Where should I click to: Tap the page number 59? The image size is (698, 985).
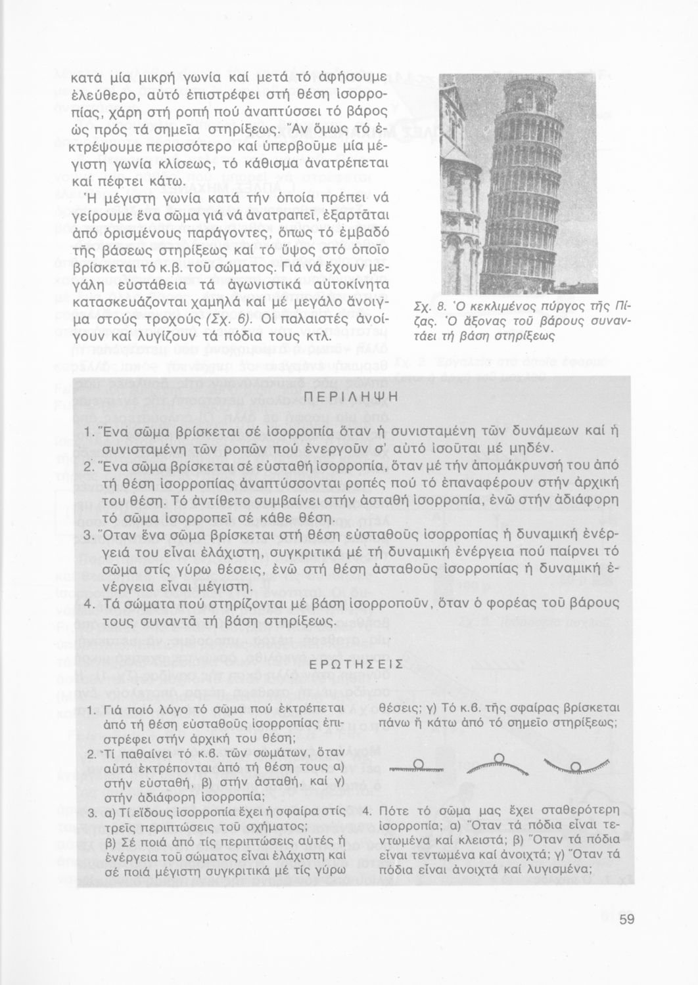pos(626,920)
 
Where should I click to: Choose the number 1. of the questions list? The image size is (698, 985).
pos(92,711)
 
